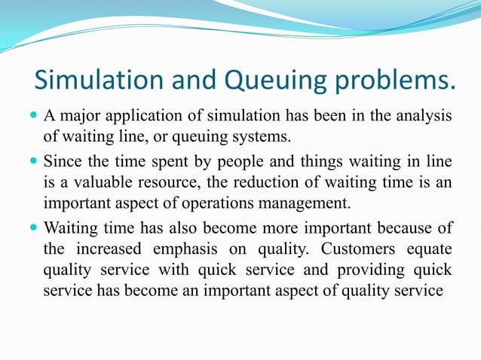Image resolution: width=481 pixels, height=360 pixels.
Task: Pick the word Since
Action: click(63, 160)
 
